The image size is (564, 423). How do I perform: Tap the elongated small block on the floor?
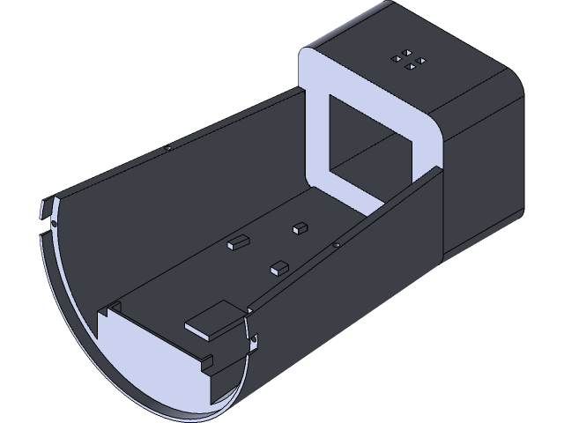[237, 241]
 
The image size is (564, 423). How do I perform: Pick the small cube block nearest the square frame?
[300, 227]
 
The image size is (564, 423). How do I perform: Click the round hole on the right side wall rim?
[337, 244]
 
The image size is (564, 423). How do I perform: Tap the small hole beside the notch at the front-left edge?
[54, 224]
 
